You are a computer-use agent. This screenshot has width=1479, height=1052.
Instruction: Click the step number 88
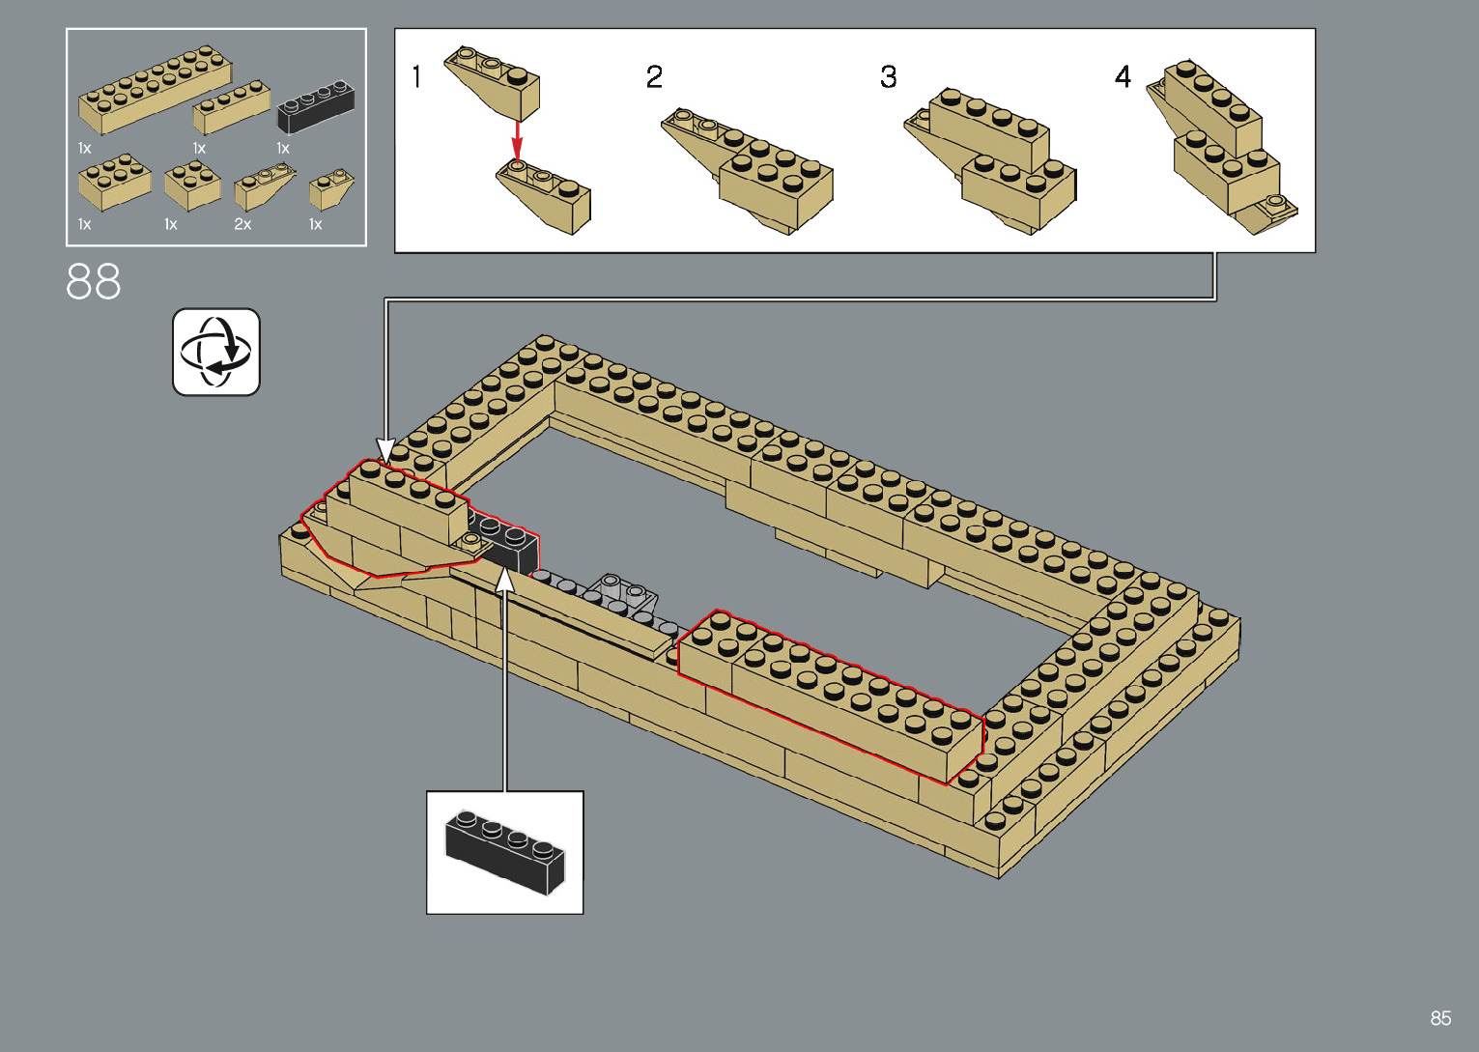pyautogui.click(x=94, y=282)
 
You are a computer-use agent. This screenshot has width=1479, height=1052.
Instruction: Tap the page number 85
pyautogui.click(x=1440, y=1018)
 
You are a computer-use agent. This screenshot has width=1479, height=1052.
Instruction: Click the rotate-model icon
pyautogui.click(x=216, y=352)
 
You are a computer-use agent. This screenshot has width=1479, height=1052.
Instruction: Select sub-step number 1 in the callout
pyautogui.click(x=416, y=76)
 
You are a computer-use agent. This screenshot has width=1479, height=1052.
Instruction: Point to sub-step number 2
pyautogui.click(x=654, y=76)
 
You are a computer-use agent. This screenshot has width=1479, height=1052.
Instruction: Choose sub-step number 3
pyautogui.click(x=889, y=76)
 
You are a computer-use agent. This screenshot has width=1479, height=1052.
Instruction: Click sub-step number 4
pyautogui.click(x=1123, y=76)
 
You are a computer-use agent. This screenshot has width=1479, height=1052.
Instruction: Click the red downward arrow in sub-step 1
pyautogui.click(x=517, y=140)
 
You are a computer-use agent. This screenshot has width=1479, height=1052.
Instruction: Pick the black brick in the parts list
pyautogui.click(x=316, y=105)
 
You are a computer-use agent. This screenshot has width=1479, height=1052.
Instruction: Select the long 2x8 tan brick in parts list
pyautogui.click(x=155, y=89)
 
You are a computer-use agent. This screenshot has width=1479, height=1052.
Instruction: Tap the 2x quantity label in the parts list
pyautogui.click(x=242, y=224)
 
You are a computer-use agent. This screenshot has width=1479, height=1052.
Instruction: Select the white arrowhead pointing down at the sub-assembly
pyautogui.click(x=385, y=450)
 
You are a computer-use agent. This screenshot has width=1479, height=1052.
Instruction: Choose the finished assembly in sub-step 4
pyautogui.click(x=1222, y=150)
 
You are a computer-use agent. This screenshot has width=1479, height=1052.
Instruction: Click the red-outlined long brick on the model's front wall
pyautogui.click(x=831, y=696)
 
